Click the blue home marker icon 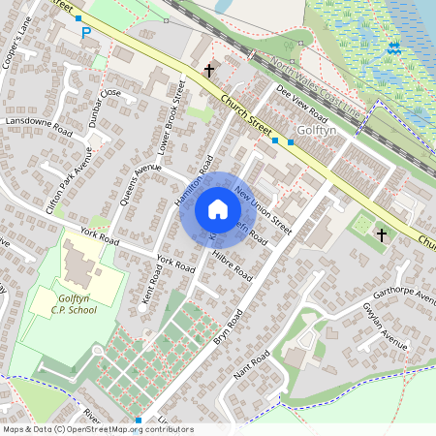click(217, 209)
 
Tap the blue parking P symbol click(85, 33)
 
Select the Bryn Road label click(225, 327)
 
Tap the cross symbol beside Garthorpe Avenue click(381, 235)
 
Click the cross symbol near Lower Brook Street click(208, 70)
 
